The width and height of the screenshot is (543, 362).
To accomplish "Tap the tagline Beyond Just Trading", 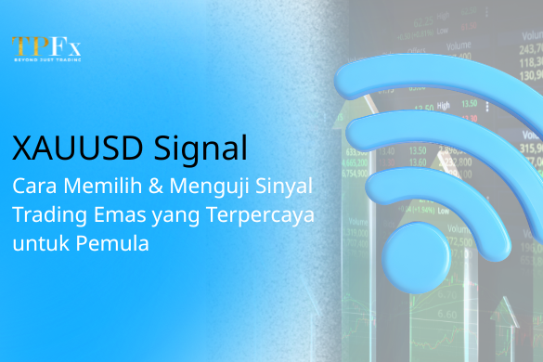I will tap(46, 59).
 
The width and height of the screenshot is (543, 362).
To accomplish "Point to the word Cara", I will tap(32, 185).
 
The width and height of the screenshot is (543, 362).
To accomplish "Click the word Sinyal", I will tap(282, 186).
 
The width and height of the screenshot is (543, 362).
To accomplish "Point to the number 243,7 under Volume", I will tap(530, 48).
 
